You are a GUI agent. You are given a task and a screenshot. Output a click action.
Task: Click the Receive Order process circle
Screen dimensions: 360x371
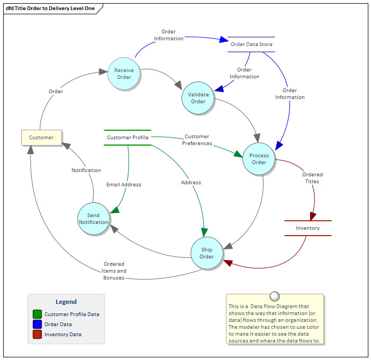[124, 73]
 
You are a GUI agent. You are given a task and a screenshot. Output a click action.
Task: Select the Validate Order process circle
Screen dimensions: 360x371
[198, 98]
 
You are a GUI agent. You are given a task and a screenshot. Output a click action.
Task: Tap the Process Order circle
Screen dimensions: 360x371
[259, 159]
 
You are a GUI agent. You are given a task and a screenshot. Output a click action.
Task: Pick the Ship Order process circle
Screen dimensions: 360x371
[206, 253]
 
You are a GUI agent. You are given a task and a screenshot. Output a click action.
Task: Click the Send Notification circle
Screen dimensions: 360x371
[94, 218]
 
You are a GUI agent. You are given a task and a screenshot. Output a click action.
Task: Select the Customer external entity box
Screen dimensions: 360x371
[41, 138]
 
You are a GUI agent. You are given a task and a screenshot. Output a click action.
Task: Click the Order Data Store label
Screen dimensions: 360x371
[251, 44]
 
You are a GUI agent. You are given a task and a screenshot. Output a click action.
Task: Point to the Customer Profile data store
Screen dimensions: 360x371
[128, 138]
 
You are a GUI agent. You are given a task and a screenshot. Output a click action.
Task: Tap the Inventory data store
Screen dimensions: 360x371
[307, 228]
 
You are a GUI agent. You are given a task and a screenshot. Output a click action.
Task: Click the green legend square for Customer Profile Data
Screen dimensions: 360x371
[37, 314]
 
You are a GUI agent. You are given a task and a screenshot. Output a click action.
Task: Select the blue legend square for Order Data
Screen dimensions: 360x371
[37, 324]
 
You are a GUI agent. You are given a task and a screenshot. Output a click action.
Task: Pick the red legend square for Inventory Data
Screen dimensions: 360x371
[37, 334]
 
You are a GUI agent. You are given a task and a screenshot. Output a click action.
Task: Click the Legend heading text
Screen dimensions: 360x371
[66, 302]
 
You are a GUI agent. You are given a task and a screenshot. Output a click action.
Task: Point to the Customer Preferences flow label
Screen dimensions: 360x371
[197, 140]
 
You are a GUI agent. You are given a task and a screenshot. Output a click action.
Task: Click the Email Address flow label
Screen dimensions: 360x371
[124, 184]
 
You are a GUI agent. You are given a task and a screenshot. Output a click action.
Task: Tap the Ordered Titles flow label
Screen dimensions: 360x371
[312, 177]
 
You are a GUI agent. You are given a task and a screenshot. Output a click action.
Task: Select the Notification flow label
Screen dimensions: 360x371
[86, 170]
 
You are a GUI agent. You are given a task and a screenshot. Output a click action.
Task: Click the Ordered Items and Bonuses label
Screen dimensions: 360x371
[114, 271]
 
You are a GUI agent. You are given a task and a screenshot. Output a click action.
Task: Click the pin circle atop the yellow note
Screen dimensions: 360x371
[274, 296]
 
